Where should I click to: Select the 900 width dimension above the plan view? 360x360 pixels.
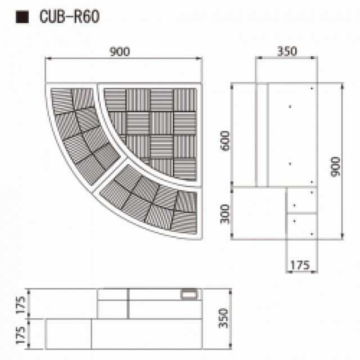pos(120,52)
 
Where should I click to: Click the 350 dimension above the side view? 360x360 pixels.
pos(287,51)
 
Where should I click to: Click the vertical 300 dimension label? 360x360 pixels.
pos(225,213)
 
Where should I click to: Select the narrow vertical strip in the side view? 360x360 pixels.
pos(261,134)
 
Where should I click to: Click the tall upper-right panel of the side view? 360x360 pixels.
pos(291,134)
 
